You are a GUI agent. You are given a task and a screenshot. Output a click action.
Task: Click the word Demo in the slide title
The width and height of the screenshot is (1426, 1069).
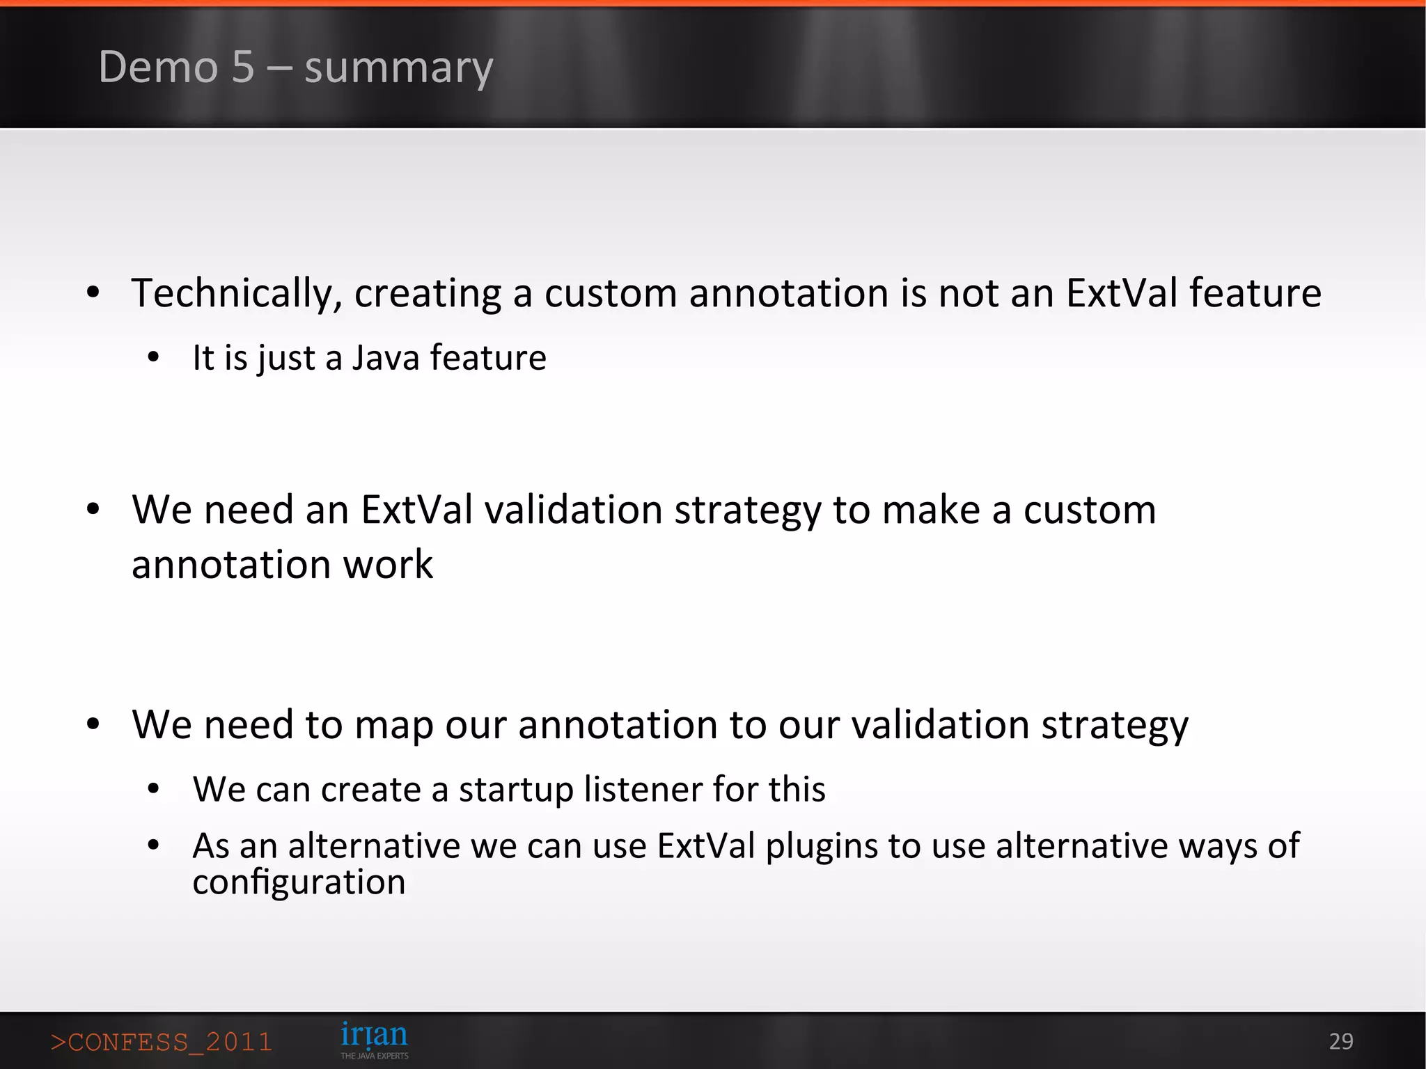[158, 67]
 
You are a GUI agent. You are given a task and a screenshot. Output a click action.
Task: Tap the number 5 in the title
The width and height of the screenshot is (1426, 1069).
[243, 67]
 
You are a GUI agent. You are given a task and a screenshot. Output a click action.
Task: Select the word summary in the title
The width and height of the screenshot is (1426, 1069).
[398, 68]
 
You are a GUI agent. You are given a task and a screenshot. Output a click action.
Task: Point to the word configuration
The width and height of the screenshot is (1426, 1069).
[299, 882]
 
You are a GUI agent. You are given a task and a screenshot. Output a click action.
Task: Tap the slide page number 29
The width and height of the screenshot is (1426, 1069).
[1340, 1041]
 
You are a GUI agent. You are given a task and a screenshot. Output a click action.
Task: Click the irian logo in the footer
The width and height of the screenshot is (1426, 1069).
[374, 1039]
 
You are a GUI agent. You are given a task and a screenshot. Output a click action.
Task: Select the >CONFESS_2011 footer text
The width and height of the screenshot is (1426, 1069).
[161, 1042]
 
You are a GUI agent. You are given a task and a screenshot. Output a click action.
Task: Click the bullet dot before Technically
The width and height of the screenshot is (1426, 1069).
[93, 293]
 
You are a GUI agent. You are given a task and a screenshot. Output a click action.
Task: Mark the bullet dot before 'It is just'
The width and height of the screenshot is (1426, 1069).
[154, 358]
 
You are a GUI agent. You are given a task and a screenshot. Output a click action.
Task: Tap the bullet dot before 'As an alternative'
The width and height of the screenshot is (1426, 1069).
[154, 846]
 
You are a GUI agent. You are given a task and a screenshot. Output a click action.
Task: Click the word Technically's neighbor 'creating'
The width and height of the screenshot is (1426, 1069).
[428, 292]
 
